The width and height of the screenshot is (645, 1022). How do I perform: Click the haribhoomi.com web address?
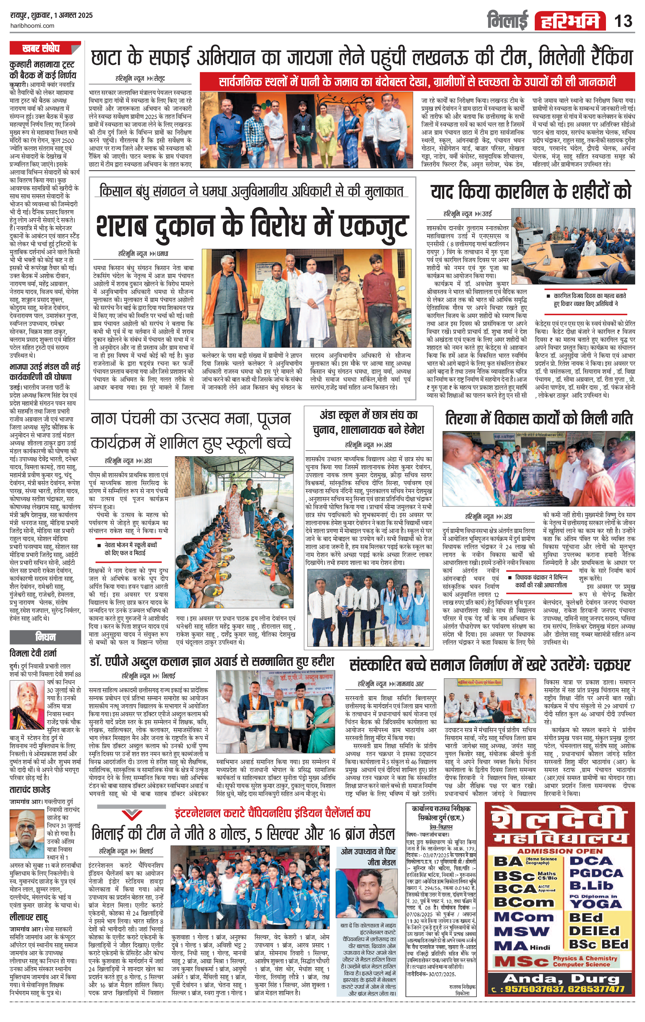click(x=32, y=26)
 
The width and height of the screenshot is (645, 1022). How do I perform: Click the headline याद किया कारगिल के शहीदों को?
click(x=531, y=192)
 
